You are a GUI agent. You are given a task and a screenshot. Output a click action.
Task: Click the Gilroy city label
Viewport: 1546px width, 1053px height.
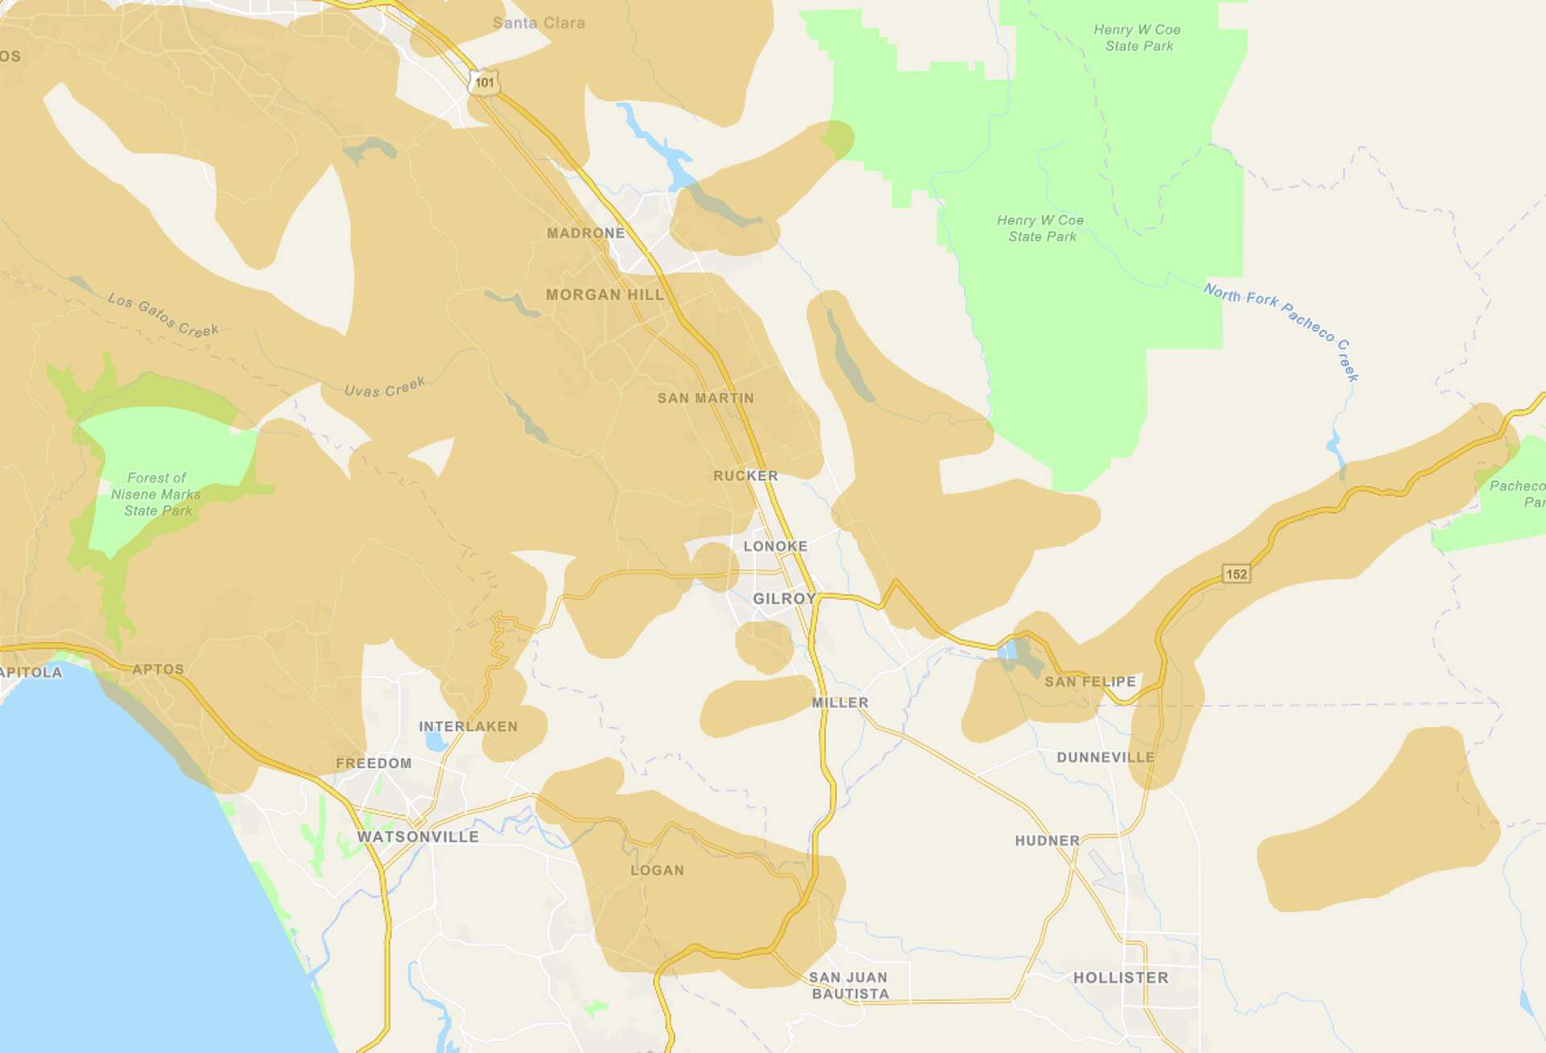click(x=783, y=598)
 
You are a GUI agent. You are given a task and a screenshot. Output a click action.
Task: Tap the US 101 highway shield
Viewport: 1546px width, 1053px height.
click(x=484, y=82)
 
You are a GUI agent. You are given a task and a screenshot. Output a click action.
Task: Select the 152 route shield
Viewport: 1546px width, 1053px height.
click(x=1236, y=574)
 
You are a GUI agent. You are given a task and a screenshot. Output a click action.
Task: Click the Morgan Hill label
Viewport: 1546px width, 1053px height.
click(x=605, y=295)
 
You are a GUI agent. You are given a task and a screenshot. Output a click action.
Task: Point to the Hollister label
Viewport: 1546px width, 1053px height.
click(x=1120, y=977)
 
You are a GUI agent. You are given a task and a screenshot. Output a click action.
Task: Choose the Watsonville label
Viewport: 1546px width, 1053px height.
click(x=418, y=836)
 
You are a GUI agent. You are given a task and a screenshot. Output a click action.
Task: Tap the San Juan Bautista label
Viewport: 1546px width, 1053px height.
click(x=849, y=985)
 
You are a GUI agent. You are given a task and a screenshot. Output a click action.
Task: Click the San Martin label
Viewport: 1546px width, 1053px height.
click(x=705, y=398)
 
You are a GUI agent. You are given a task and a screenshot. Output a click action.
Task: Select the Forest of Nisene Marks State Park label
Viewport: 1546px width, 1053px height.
click(x=157, y=494)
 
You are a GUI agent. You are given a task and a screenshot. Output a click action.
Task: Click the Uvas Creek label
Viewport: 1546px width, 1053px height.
click(x=384, y=387)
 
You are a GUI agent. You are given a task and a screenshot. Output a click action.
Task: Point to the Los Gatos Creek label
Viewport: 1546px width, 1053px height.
click(x=163, y=315)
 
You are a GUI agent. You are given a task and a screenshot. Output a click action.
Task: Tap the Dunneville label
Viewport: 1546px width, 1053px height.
click(x=1105, y=757)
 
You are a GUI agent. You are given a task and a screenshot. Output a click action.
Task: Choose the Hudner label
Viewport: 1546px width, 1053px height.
click(x=1047, y=840)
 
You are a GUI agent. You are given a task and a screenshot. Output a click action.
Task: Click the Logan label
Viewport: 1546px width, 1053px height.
click(x=657, y=870)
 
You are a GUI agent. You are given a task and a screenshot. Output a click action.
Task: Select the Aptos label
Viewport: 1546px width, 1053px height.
click(x=158, y=669)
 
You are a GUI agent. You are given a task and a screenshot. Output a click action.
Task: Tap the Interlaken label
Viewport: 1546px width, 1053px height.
click(x=468, y=726)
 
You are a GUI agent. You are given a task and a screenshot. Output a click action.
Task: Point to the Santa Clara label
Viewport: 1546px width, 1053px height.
click(x=539, y=23)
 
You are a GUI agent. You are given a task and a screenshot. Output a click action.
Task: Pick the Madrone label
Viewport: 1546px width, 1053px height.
click(x=585, y=233)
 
